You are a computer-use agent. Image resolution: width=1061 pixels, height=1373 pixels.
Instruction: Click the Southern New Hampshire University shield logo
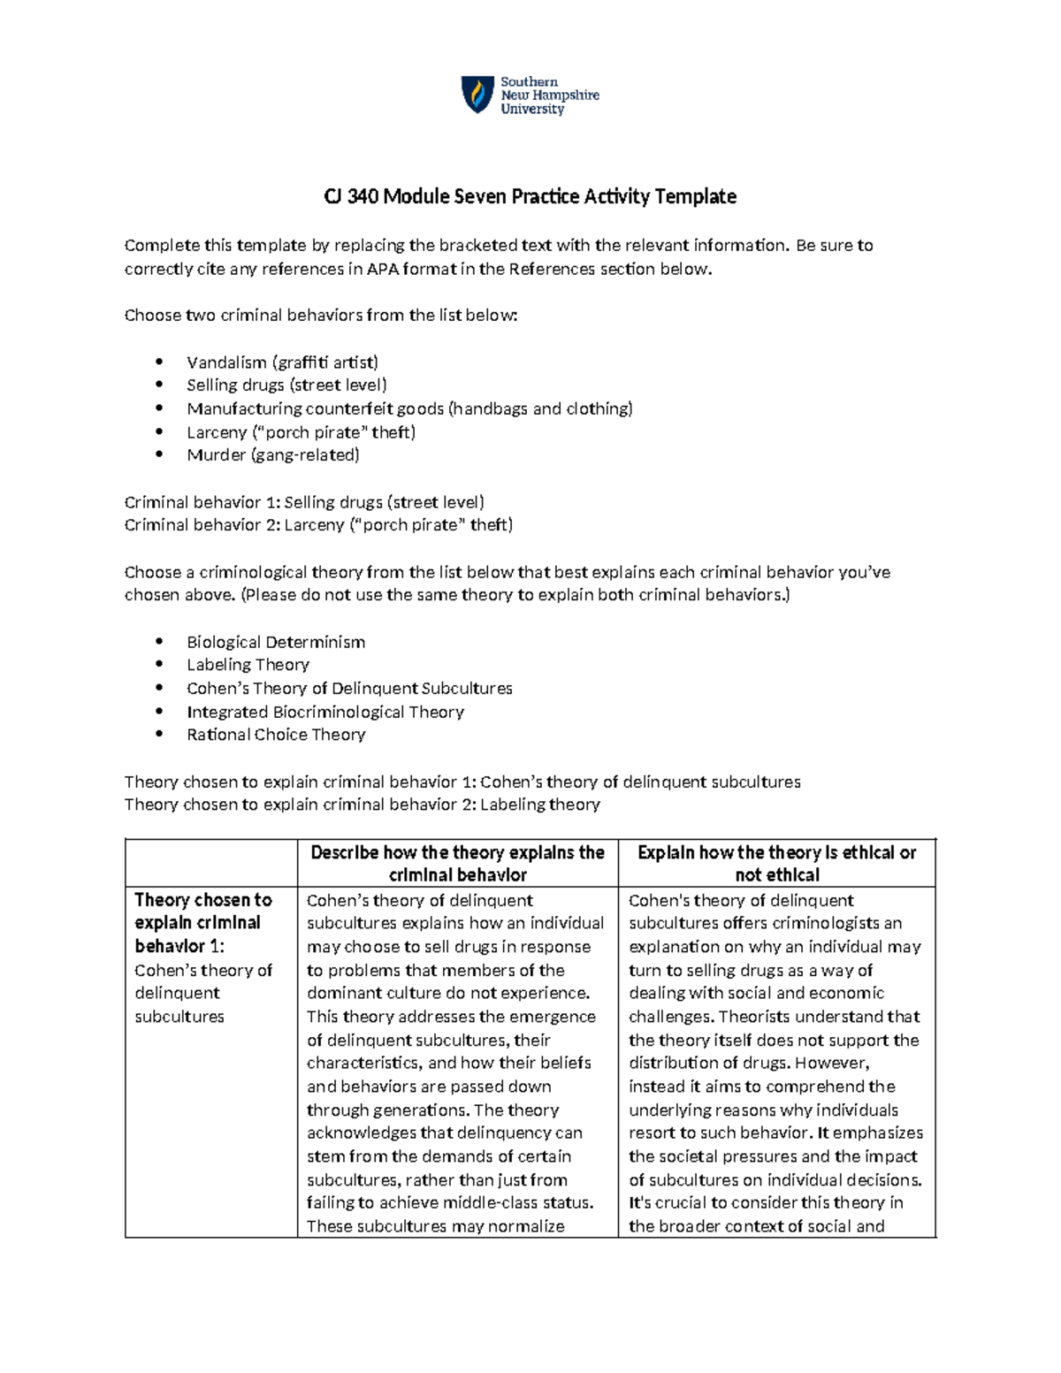tap(477, 94)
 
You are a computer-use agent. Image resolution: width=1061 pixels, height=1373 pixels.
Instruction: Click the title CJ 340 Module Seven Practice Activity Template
tap(530, 196)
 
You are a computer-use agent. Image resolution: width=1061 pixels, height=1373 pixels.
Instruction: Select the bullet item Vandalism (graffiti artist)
tap(282, 362)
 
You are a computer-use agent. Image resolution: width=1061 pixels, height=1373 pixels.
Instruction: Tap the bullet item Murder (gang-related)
tap(273, 455)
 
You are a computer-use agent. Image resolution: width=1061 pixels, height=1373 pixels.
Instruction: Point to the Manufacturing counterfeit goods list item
tap(409, 408)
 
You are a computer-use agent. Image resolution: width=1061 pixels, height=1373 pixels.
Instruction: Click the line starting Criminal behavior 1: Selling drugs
tap(304, 502)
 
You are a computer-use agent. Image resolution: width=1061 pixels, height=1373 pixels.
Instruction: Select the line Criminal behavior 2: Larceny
tap(318, 525)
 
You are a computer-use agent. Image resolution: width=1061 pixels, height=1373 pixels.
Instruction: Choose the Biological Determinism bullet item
tap(276, 642)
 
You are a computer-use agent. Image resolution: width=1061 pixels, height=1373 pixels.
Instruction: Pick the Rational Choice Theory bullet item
tap(276, 735)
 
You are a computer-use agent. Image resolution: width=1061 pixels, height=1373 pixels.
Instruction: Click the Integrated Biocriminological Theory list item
tap(324, 712)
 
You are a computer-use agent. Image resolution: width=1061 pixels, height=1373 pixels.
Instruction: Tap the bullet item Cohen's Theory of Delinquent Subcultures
tap(349, 688)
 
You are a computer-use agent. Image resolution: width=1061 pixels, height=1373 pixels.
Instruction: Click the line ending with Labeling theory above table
tap(362, 805)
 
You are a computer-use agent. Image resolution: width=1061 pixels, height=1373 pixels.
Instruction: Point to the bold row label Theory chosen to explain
tap(202, 922)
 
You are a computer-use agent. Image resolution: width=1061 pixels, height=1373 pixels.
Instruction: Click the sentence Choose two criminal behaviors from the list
tap(320, 316)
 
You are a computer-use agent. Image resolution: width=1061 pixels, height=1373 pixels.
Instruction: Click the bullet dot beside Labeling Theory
tap(159, 665)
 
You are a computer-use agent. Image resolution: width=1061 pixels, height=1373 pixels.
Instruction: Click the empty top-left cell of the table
tap(211, 863)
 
